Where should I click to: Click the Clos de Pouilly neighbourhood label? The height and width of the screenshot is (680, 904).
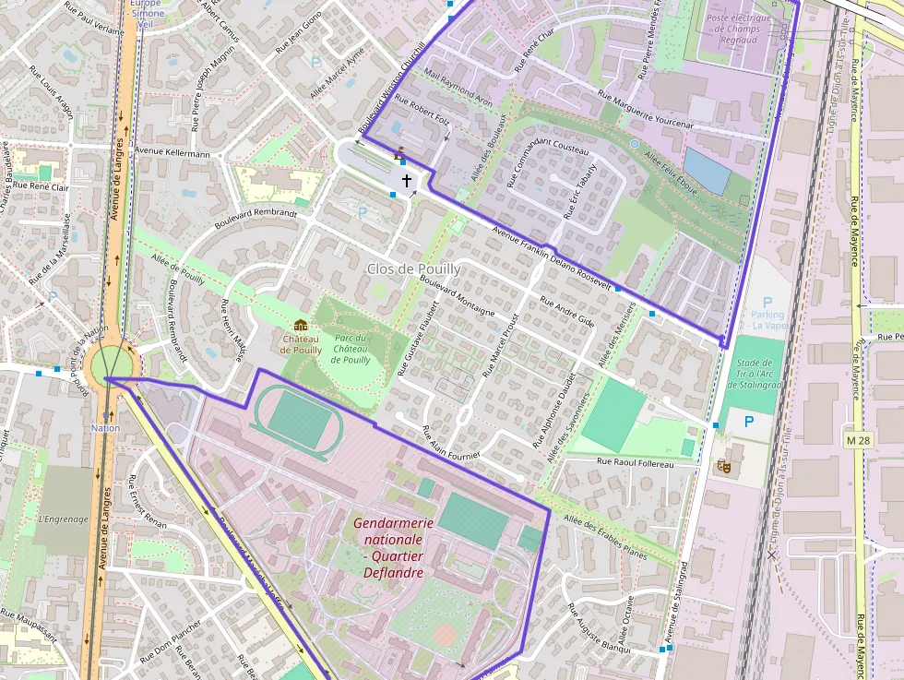point(412,268)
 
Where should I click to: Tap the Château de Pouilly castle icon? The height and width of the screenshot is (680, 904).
point(300,325)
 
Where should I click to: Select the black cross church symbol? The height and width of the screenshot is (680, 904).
point(406,181)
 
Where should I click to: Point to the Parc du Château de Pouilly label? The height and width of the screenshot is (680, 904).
point(351,349)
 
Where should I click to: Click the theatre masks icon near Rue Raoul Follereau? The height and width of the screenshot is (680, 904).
point(724,468)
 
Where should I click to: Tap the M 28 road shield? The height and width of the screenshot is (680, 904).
point(857,441)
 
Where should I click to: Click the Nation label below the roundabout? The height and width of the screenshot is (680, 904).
point(105,428)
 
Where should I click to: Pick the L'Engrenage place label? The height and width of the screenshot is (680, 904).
point(64,519)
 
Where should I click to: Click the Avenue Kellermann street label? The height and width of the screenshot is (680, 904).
point(172,152)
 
